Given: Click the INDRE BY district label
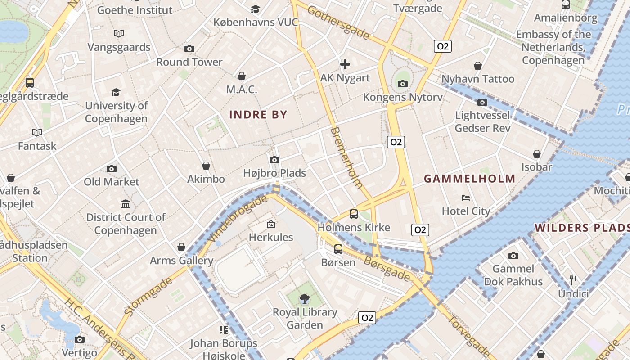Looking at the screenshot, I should click(258, 115).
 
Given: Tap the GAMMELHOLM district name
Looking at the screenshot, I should click(469, 179).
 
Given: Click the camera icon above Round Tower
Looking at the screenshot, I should click(189, 49).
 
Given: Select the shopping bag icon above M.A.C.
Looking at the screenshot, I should click(242, 76).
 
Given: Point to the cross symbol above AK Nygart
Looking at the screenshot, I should click(345, 64).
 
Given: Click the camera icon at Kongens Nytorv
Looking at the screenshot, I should click(403, 84).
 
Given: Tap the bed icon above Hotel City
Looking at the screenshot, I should click(466, 198).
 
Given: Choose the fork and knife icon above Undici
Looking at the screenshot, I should click(573, 280).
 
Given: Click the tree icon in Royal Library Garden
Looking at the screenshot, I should click(305, 298).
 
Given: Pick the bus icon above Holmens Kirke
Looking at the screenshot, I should click(354, 214).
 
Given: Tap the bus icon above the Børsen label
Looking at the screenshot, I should click(338, 249).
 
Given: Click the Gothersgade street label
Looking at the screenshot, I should click(338, 22).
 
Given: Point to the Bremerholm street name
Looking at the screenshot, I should click(346, 157).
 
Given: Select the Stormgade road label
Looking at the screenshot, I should click(148, 296).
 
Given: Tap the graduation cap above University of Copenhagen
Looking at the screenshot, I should click(116, 92).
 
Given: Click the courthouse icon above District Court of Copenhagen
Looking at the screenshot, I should click(126, 204).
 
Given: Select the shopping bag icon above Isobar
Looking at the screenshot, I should click(536, 154).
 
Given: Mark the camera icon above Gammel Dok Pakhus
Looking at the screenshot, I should click(513, 256).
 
